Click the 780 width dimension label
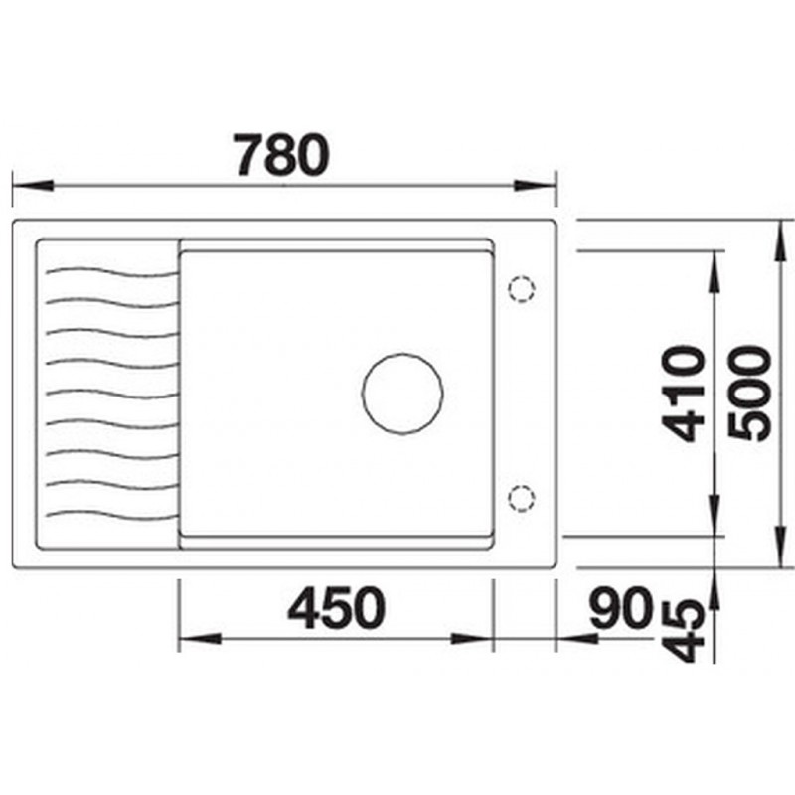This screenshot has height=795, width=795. tap(281, 155)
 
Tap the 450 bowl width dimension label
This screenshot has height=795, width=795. tap(337, 608)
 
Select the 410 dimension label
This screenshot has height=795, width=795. tap(684, 394)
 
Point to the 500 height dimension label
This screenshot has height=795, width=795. tap(749, 393)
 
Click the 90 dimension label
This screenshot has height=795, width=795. tap(620, 607)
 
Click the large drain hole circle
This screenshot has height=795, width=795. tap(402, 354)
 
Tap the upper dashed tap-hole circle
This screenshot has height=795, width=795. tap(522, 276)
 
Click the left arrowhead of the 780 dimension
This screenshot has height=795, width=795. tap(33, 185)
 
